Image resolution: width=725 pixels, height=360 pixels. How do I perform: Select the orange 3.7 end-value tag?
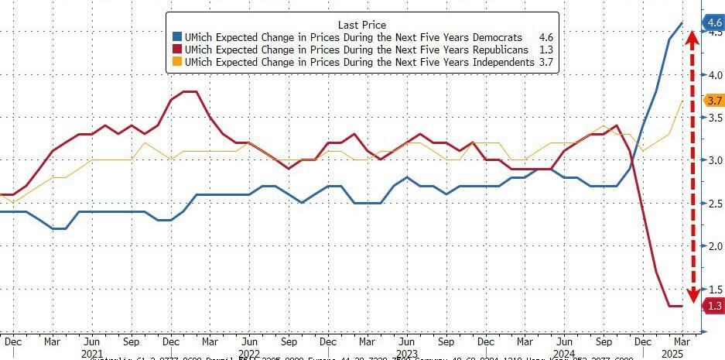coord(713,101)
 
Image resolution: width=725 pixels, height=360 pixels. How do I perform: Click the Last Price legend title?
coord(362,25)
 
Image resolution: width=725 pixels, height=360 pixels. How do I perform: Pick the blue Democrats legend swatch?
coord(178,37)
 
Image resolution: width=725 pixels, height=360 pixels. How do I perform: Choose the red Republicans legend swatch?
coord(178,50)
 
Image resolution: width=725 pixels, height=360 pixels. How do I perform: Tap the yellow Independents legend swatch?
coord(178,62)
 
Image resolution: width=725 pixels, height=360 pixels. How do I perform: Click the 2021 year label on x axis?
coord(92,352)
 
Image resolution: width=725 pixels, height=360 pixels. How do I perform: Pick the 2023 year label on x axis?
coord(406,352)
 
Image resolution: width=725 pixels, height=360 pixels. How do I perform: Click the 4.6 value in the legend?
coord(546,37)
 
